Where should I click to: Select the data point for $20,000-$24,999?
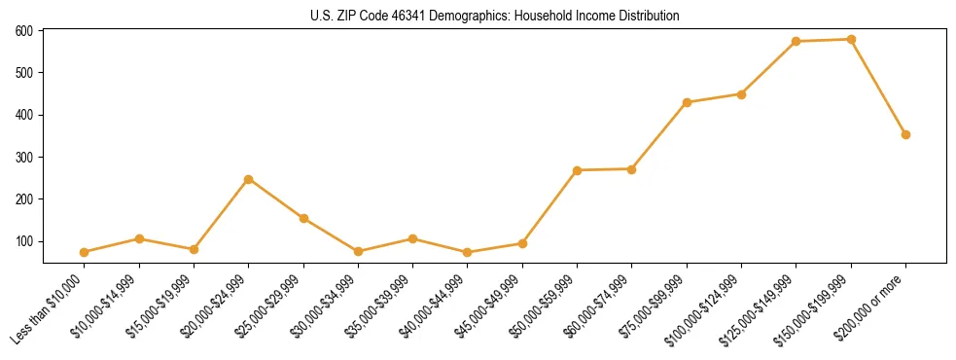pyautogui.click(x=249, y=179)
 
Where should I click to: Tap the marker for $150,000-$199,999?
pyautogui.click(x=851, y=40)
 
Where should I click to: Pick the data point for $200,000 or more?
pyautogui.click(x=905, y=134)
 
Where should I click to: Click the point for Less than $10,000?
pyautogui.click(x=85, y=252)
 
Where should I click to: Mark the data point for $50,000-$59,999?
pyautogui.click(x=578, y=170)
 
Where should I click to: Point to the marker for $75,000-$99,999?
pyautogui.click(x=687, y=102)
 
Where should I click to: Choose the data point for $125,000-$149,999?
pyautogui.click(x=797, y=42)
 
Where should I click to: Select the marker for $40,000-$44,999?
pyautogui.click(x=468, y=252)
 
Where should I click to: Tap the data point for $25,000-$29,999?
pyautogui.click(x=303, y=218)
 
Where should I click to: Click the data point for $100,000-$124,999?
pyautogui.click(x=741, y=94)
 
